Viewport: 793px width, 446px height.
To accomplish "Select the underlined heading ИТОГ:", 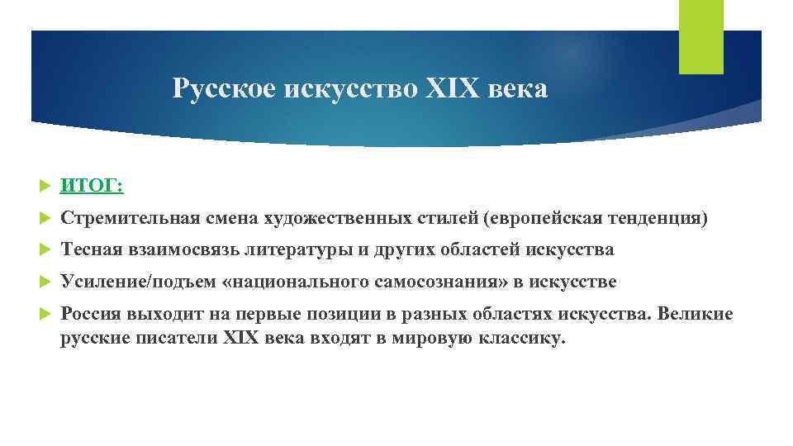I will [x=92, y=187].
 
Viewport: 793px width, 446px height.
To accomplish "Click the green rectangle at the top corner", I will [x=700, y=36].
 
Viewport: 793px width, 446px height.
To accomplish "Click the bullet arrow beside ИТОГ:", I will [x=45, y=187].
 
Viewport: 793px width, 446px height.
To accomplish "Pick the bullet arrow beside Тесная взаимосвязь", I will [x=45, y=250].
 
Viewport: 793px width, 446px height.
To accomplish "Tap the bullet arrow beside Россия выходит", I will [x=45, y=315].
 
